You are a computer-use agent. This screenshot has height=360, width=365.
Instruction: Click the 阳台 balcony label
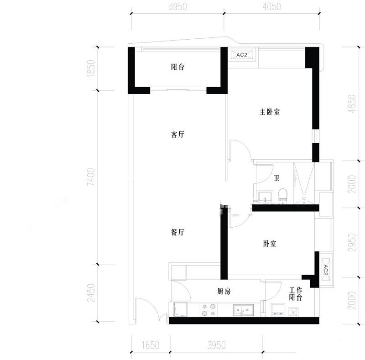pyautogui.click(x=177, y=67)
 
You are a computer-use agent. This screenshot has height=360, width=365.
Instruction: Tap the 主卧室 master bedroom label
pyautogui.click(x=270, y=112)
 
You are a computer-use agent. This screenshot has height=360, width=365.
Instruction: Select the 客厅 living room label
pyautogui.click(x=177, y=135)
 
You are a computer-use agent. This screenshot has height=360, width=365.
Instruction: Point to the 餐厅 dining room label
pyautogui.click(x=177, y=232)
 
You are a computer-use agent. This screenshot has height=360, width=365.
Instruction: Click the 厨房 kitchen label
pyautogui.click(x=224, y=291)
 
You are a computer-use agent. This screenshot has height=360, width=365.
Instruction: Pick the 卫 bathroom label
pyautogui.click(x=276, y=178)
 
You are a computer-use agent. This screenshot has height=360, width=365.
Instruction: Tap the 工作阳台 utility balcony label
pyautogui.click(x=296, y=294)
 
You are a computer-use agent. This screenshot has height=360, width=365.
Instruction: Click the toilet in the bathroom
pyautogui.click(x=283, y=196)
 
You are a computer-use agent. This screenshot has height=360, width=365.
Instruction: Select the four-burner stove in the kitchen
pyautogui.click(x=209, y=310)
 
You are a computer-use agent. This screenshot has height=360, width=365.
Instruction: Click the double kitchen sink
pyautogui.click(x=244, y=310)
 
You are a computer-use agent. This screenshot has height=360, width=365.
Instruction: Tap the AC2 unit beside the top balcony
pyautogui.click(x=242, y=55)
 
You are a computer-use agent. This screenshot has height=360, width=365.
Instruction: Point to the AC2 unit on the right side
pyautogui.click(x=325, y=270)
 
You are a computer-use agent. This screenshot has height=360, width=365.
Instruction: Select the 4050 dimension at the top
pyautogui.click(x=272, y=6)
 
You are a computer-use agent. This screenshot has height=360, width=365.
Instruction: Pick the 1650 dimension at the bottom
pyautogui.click(x=151, y=345)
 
